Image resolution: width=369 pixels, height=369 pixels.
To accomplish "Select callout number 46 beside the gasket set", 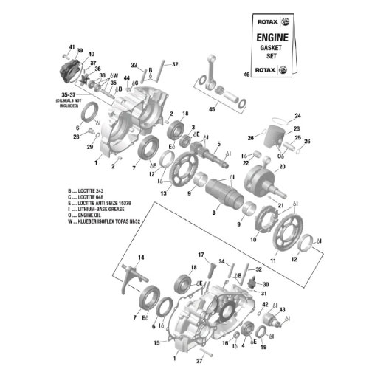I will click(246, 74).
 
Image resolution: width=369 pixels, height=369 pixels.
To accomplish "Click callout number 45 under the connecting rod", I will click(213, 110).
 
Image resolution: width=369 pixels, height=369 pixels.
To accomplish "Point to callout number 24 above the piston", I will click(298, 115).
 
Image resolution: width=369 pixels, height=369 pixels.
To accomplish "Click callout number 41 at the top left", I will click(72, 46).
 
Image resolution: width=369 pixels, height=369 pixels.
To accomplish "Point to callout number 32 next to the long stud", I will click(175, 64).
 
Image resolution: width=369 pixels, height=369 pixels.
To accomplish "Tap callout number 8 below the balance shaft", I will click(213, 212).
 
